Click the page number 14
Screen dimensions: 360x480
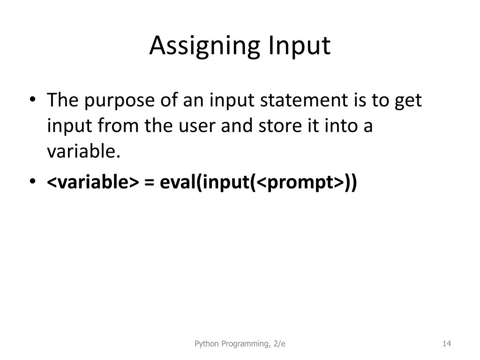[446, 344]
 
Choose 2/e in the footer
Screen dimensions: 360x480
[279, 344]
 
